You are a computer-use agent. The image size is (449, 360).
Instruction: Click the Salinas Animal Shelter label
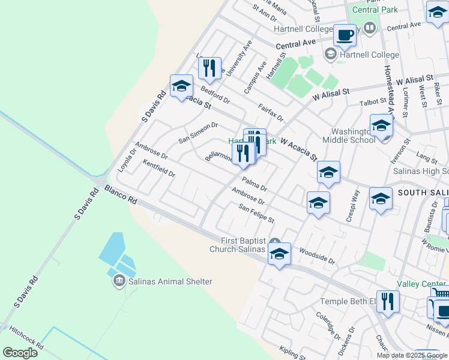click(x=169, y=281)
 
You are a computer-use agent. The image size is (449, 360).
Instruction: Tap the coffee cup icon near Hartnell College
click(x=345, y=35)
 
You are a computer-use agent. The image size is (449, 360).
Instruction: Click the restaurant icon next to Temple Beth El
click(x=388, y=303)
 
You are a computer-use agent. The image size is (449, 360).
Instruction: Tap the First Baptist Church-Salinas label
click(x=237, y=245)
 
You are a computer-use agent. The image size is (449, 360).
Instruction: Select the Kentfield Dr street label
click(x=158, y=169)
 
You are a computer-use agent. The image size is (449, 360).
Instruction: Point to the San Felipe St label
click(x=256, y=213)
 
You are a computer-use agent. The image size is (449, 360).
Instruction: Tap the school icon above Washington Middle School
click(x=381, y=125)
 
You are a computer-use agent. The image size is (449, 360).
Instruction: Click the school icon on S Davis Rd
click(x=181, y=88)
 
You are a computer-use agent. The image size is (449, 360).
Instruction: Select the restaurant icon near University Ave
click(x=209, y=68)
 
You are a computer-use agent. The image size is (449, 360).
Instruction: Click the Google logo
click(x=20, y=353)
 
